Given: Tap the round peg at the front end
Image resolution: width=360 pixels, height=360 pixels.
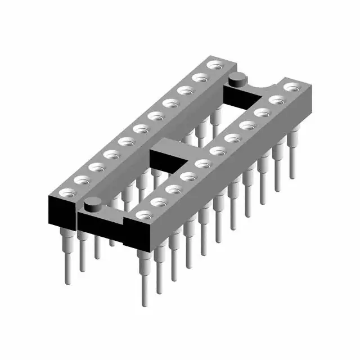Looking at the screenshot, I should pyautogui.click(x=92, y=205).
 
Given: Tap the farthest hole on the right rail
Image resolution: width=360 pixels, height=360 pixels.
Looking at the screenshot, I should pyautogui.click(x=291, y=87).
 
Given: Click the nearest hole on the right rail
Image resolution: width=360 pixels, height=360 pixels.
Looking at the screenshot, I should pyautogui.click(x=145, y=214).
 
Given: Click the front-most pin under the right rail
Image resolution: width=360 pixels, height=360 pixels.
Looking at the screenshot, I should pyautogui.click(x=146, y=276).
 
